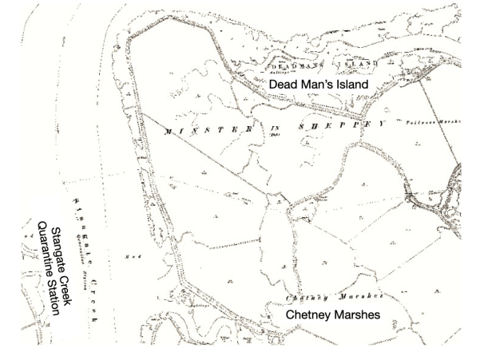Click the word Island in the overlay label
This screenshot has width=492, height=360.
(x=348, y=83)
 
